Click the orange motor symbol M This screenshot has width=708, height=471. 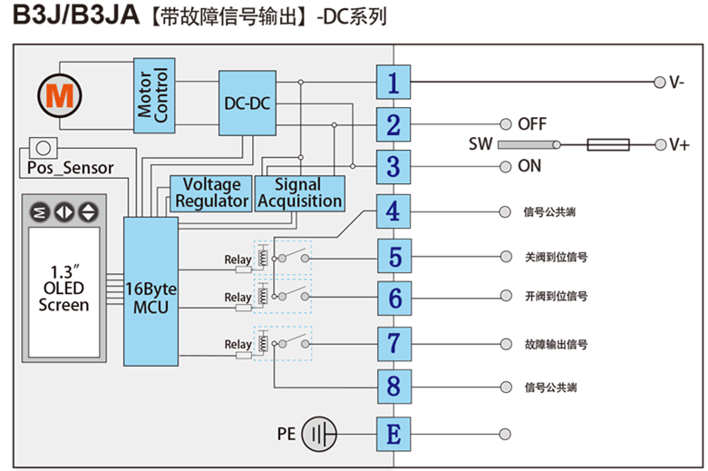point(60,94)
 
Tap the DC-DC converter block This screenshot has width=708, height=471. point(247,103)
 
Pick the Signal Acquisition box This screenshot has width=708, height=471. point(300,193)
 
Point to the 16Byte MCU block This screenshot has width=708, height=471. point(151,291)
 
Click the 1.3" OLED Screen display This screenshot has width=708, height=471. point(63,289)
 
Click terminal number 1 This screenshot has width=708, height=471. point(393,83)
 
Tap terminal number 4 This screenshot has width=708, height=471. point(393,212)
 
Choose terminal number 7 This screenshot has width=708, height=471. point(393,343)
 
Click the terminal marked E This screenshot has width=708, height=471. point(393,434)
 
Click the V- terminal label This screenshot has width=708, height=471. point(677,83)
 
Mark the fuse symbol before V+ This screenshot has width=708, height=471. point(608,144)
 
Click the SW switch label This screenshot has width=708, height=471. point(480,144)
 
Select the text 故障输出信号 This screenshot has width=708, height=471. point(556,345)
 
